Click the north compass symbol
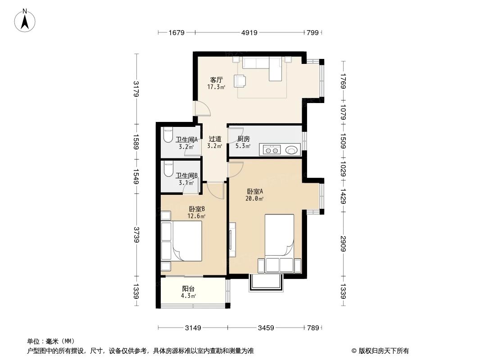coord(26,20)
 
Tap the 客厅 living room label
coord(216,80)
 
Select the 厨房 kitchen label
coord(243,139)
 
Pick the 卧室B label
coord(197,209)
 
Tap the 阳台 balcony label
coord(188,288)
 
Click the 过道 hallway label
coord(215,139)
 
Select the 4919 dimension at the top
coord(249,32)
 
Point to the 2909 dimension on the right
coord(343,243)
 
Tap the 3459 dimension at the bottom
coord(266,328)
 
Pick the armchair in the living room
coord(240,80)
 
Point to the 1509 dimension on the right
coord(343,143)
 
